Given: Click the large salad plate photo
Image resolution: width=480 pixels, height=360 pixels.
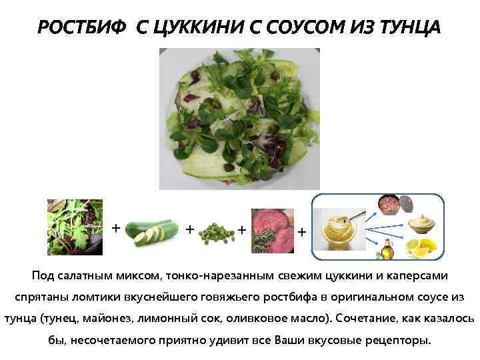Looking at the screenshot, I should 239,119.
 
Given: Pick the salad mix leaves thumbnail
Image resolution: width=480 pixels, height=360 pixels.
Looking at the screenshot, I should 75,227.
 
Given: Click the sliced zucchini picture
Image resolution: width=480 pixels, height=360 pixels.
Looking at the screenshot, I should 152,231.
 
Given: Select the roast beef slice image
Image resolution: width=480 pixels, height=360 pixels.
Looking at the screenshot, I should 272,231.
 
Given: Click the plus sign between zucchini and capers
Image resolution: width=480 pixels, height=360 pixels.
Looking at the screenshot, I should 190,229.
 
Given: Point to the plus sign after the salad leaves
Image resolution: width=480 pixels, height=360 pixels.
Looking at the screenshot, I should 116,228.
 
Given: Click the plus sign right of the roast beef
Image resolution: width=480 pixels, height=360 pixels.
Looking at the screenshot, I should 302,232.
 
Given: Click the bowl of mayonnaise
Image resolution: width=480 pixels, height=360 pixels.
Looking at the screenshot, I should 423,223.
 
